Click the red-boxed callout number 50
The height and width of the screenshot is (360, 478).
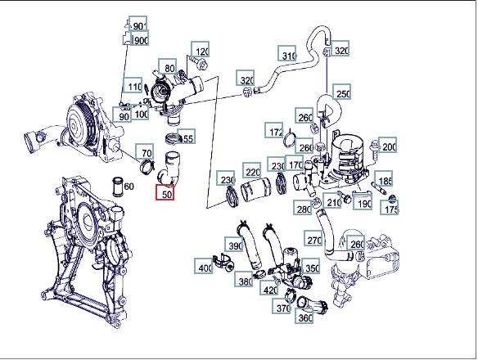[165, 192]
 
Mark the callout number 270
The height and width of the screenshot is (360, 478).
[313, 238]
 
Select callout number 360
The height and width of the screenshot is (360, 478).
[304, 316]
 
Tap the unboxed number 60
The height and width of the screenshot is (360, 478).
[129, 187]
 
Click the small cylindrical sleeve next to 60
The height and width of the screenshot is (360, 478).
[118, 187]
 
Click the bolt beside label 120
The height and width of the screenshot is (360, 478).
[199, 62]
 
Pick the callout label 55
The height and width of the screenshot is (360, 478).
[187, 137]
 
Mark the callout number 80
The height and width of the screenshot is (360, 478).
[168, 67]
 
